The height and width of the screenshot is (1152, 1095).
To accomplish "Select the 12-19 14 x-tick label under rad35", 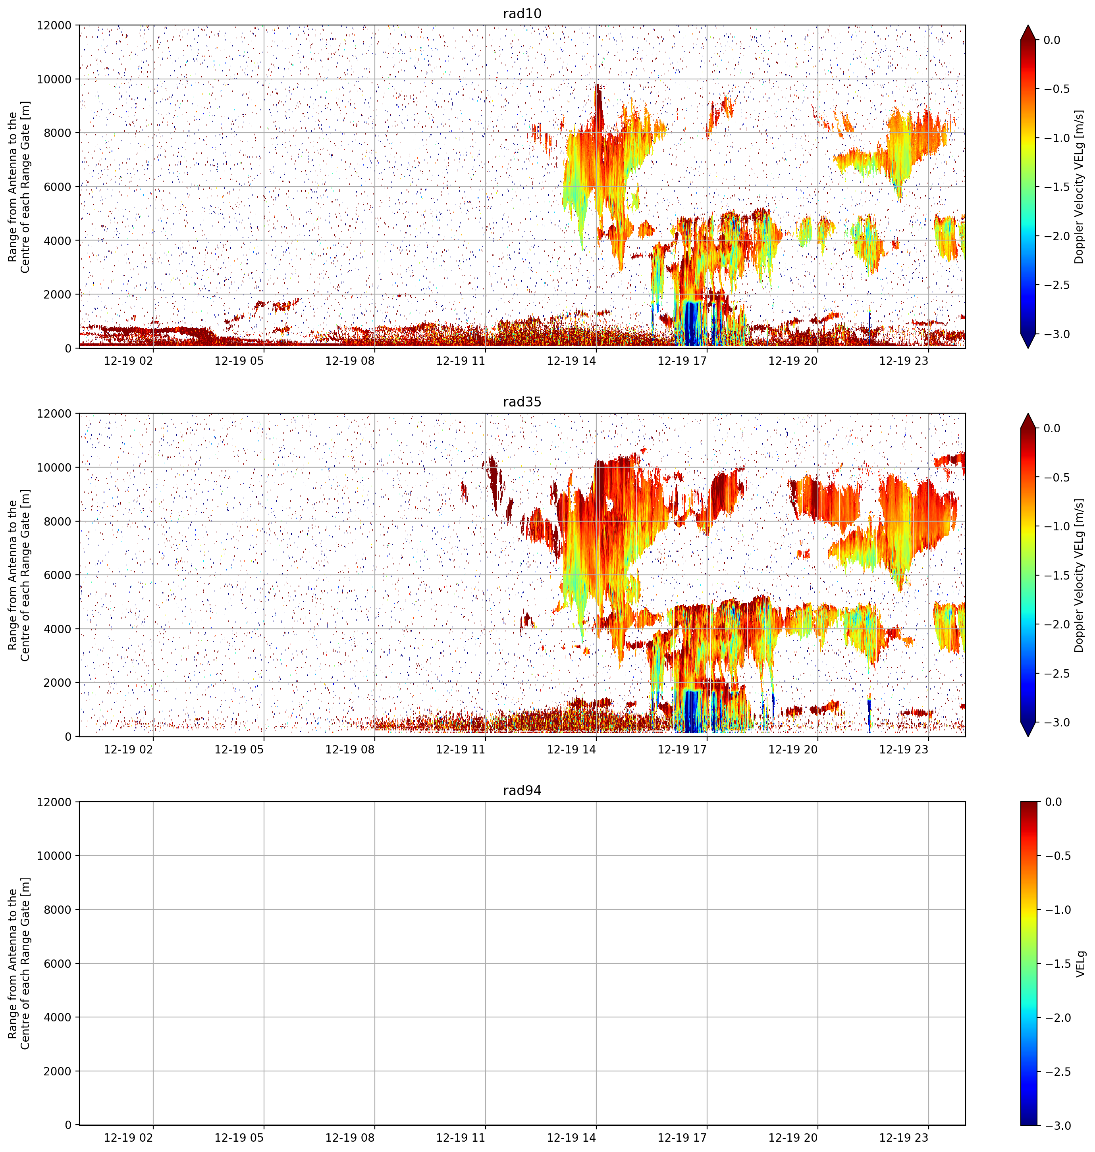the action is (571, 749).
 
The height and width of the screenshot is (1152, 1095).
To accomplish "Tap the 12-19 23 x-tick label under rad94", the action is (904, 1137).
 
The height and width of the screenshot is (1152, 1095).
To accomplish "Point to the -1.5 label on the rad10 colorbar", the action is (1056, 187).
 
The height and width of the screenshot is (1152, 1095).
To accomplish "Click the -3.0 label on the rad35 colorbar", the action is (1056, 722).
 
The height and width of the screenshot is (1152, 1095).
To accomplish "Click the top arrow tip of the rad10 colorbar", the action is (1028, 25).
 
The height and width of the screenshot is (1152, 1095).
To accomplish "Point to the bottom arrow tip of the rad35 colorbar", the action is (1028, 736).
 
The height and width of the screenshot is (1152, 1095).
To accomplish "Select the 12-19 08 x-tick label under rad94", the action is (350, 1137).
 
